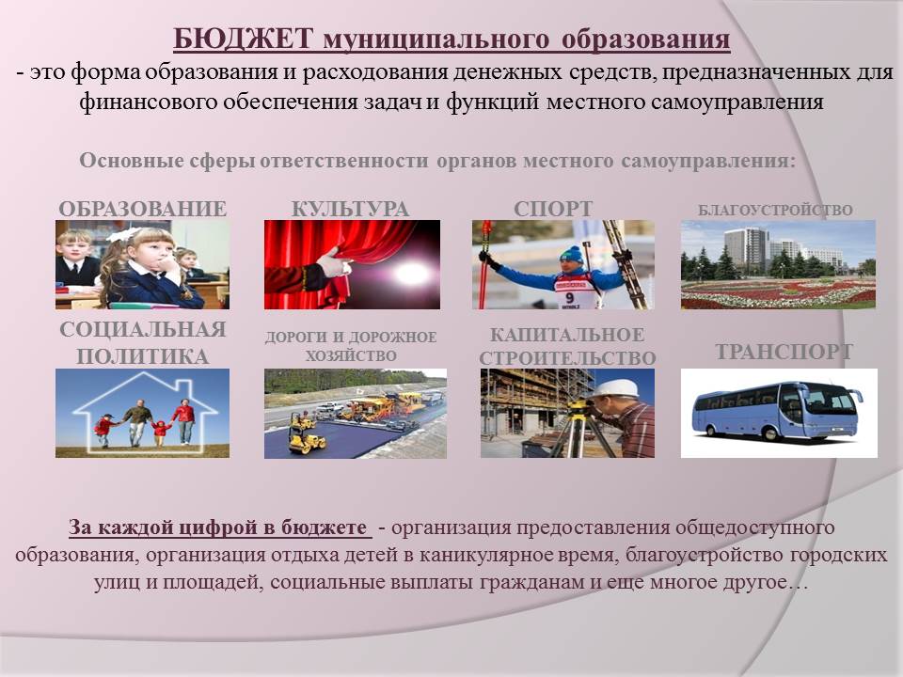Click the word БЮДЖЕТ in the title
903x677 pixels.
(x=243, y=39)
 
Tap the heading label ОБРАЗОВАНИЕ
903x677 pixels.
(x=142, y=209)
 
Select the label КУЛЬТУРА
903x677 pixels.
(x=351, y=209)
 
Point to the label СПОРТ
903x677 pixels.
(x=553, y=209)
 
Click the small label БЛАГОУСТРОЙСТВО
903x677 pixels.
(x=775, y=210)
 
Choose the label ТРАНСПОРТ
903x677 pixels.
(x=784, y=351)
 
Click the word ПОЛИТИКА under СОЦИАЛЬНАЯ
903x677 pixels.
(x=142, y=356)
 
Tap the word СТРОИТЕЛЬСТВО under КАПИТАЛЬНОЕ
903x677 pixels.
(x=567, y=358)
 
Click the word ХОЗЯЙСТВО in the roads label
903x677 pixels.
(x=351, y=355)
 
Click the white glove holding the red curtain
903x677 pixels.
(x=335, y=263)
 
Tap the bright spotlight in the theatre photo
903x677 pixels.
(x=410, y=273)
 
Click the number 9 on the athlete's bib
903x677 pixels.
(x=570, y=297)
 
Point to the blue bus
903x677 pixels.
(x=778, y=411)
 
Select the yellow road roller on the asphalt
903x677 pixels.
(x=307, y=441)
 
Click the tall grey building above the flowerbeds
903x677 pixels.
(x=746, y=249)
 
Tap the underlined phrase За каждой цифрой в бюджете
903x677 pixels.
(x=217, y=527)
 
